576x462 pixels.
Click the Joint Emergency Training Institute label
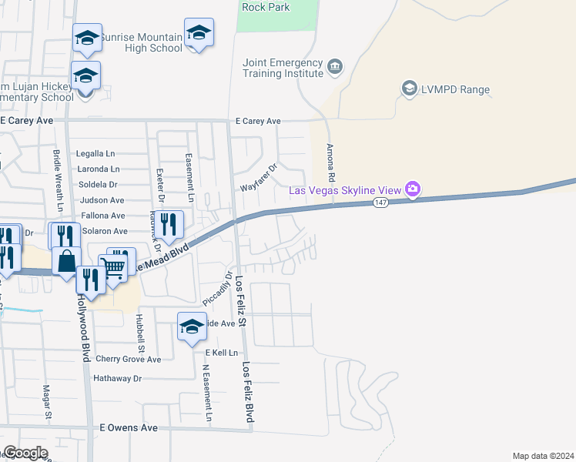point(283,68)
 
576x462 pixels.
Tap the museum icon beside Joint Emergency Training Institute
point(334,67)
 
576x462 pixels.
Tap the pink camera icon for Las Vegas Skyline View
point(413,189)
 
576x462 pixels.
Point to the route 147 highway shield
point(380,203)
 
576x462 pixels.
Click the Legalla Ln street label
point(95,153)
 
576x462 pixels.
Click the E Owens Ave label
point(129,427)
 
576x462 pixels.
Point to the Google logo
point(25,453)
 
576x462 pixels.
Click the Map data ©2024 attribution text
point(543,456)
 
